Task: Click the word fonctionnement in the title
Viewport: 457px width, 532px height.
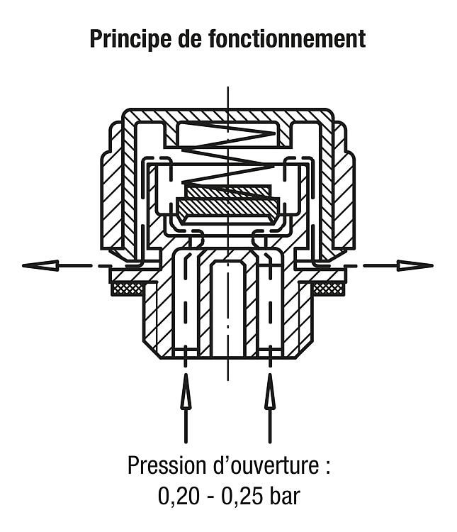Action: coord(287,38)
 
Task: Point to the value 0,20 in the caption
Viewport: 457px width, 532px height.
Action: coord(178,497)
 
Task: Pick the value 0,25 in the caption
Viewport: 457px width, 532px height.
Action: coord(242,497)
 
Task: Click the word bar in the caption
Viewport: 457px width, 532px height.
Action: coord(285,496)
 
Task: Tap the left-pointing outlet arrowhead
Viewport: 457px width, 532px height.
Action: coord(40,265)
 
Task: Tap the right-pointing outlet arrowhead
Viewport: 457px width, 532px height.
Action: coord(415,265)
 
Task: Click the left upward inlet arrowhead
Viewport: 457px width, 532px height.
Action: coord(186,390)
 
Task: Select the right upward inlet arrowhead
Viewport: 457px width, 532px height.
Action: coord(270,390)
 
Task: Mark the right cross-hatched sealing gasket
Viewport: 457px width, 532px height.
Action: coord(328,289)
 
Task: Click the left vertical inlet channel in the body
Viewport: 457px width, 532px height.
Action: coord(186,305)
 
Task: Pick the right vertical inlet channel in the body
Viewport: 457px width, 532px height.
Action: coord(270,305)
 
